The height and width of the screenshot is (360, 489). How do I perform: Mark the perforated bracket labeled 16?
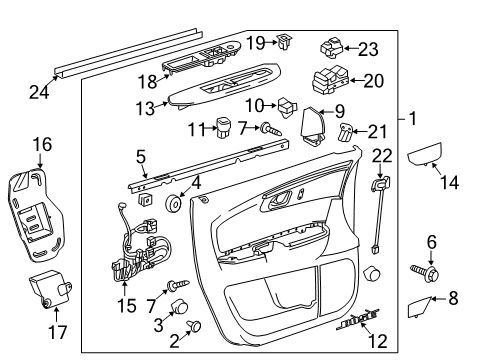click(x=37, y=210)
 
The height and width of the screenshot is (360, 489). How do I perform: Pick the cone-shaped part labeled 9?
click(x=310, y=123)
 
